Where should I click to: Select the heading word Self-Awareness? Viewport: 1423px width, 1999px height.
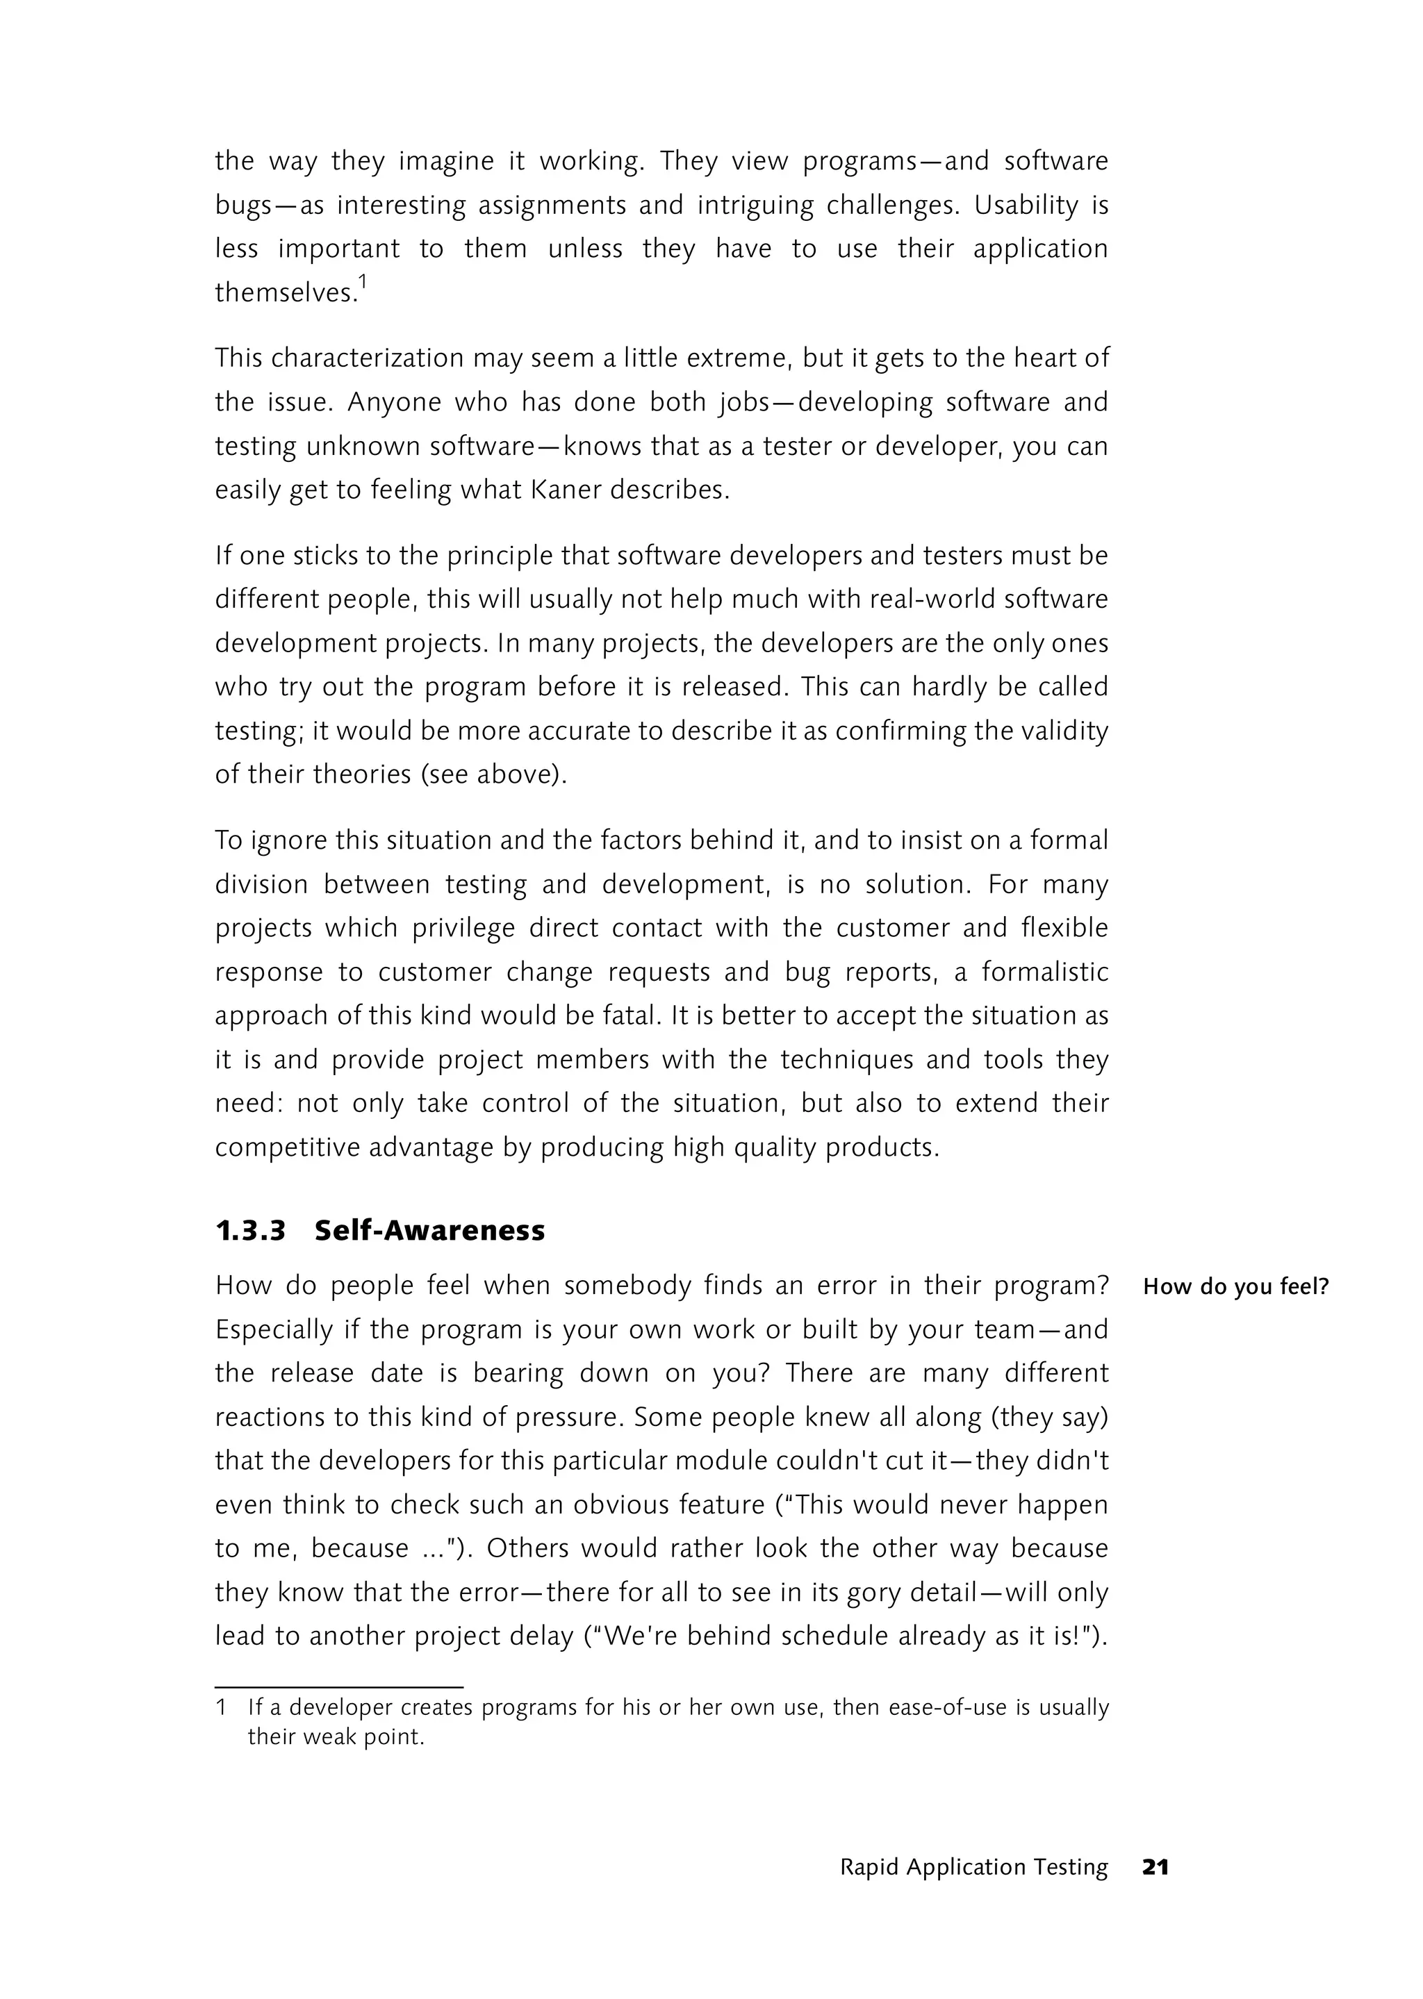[x=429, y=1231]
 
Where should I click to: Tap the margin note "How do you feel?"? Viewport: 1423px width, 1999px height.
[x=1235, y=1287]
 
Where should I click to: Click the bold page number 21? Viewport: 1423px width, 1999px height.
[x=1155, y=1867]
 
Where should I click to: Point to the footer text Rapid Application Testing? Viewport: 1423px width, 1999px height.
[x=973, y=1867]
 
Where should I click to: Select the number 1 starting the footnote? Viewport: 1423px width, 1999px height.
[x=222, y=1707]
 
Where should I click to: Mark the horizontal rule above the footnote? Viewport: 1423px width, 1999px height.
[x=338, y=1686]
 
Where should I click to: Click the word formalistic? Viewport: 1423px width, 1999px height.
[x=1044, y=972]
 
